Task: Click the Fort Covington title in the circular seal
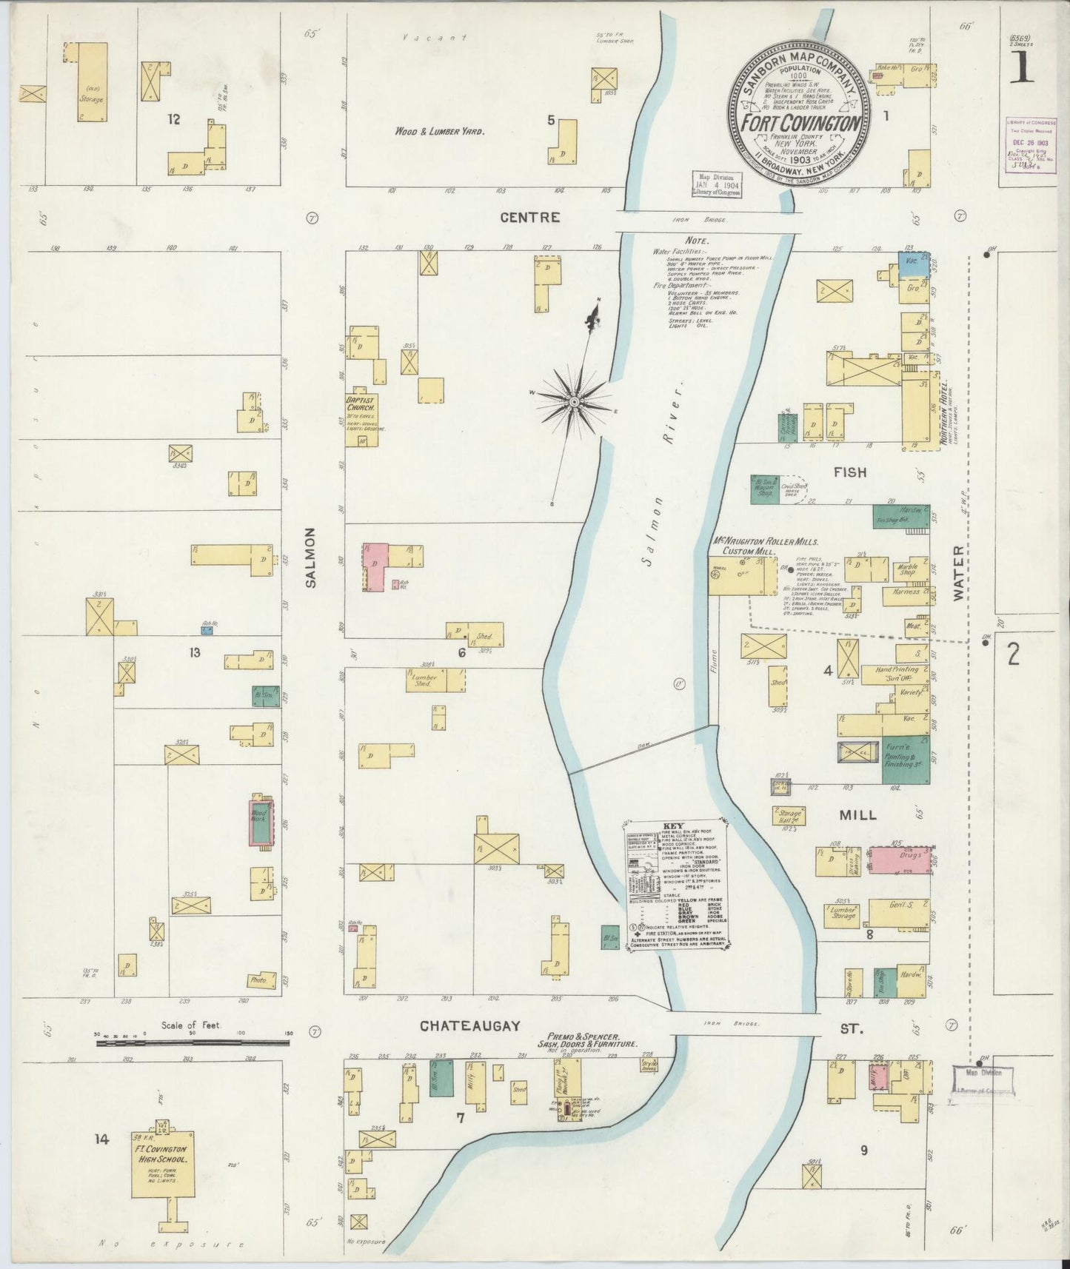pyautogui.click(x=797, y=121)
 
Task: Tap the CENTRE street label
pyautogui.click(x=529, y=218)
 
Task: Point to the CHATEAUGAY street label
pyautogui.click(x=469, y=1026)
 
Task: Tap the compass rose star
pyautogui.click(x=574, y=401)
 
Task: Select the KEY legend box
pyautogui.click(x=677, y=885)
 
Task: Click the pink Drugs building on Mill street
pyautogui.click(x=898, y=860)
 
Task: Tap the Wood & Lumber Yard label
pyautogui.click(x=439, y=131)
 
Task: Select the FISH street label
pyautogui.click(x=849, y=472)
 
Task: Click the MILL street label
pyautogui.click(x=857, y=814)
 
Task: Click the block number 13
pyautogui.click(x=195, y=652)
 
